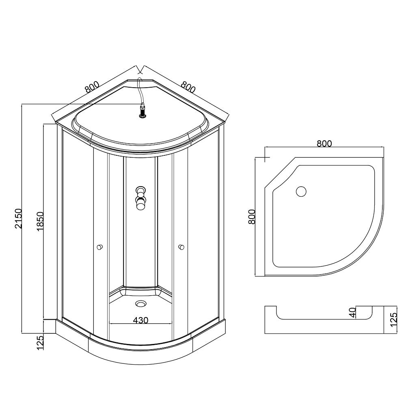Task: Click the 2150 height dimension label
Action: click(x=18, y=218)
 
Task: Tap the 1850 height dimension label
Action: click(x=40, y=221)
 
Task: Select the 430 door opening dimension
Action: click(x=140, y=320)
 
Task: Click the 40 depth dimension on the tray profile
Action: click(x=352, y=313)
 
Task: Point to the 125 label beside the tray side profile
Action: click(x=393, y=319)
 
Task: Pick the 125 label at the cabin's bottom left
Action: click(x=40, y=343)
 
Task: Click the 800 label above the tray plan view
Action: click(x=324, y=144)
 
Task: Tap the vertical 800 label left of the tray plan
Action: click(x=251, y=217)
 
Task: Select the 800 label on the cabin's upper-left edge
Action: click(x=92, y=87)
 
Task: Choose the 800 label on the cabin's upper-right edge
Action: click(x=188, y=87)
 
